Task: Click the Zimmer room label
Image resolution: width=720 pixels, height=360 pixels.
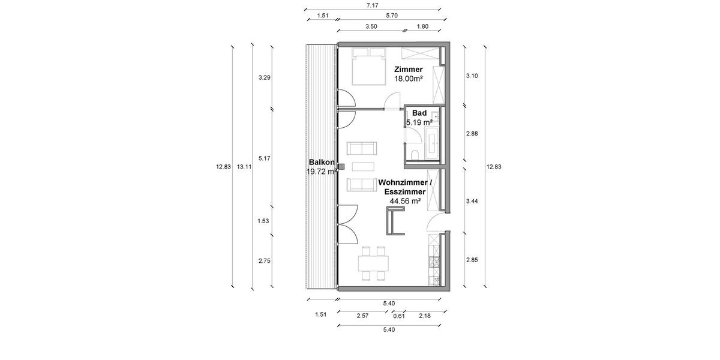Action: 409,70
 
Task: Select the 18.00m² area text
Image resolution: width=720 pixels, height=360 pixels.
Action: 409,78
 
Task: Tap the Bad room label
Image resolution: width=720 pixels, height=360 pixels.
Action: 419,113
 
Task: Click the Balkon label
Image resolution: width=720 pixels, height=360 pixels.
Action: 319,163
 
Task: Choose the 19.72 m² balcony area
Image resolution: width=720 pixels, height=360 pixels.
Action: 322,172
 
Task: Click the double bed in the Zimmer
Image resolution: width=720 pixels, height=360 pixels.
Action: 367,69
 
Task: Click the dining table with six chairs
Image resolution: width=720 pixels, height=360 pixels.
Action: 373,264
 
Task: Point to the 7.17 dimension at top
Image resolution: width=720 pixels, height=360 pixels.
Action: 371,5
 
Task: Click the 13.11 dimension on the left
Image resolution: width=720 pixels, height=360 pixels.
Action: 244,167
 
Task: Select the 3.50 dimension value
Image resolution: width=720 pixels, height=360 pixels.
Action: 371,27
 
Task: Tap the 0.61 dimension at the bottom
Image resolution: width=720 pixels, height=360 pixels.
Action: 398,316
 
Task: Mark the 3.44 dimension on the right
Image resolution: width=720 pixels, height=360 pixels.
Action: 473,201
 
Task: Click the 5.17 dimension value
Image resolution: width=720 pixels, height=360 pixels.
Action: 264,158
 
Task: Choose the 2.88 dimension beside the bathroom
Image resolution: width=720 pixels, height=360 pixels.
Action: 473,134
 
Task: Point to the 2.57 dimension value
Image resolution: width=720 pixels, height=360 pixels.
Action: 362,316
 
